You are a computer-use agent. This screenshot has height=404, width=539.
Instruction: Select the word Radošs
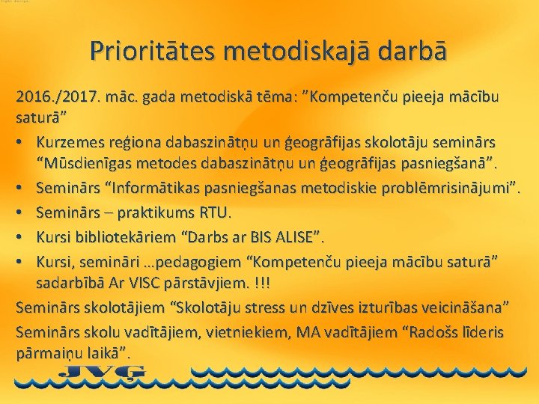click(x=417, y=331)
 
